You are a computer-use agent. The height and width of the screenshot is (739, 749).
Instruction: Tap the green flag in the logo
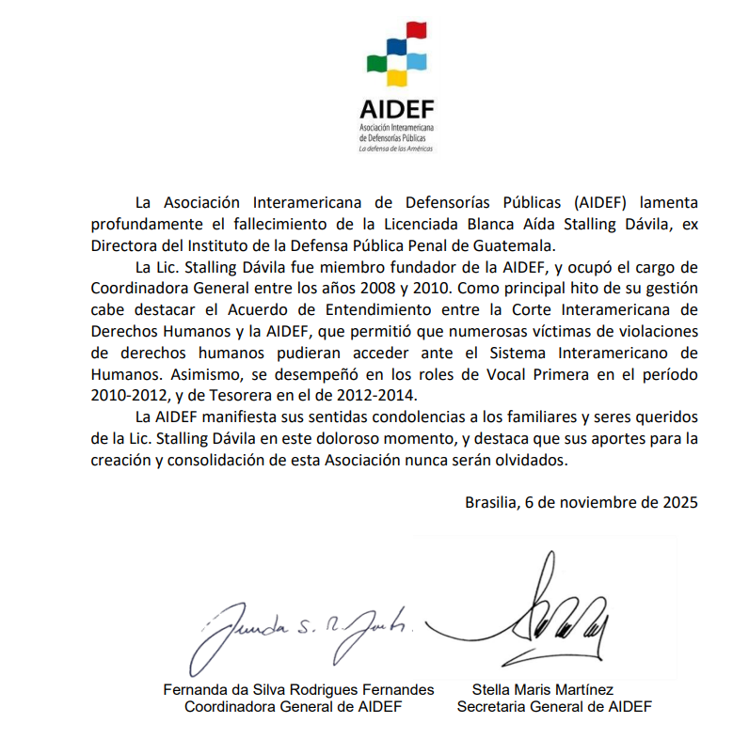coord(374,64)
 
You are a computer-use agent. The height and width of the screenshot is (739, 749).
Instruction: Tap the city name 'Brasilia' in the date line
coord(490,501)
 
